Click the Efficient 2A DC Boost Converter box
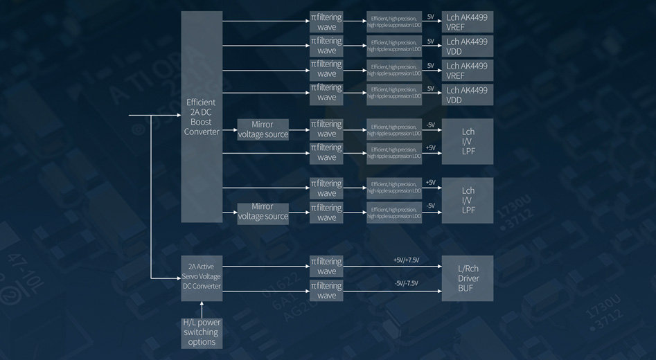click(202, 116)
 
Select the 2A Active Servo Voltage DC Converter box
click(202, 276)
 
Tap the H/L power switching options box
click(202, 332)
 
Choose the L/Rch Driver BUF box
click(468, 278)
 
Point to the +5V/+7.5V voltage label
click(406, 260)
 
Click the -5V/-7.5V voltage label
click(406, 283)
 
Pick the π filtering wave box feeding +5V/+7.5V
click(326, 267)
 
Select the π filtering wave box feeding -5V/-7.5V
click(326, 291)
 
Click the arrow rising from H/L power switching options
click(202, 309)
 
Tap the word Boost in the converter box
click(202, 122)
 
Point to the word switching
click(202, 332)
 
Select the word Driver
click(468, 278)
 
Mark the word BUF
click(466, 288)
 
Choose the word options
click(202, 342)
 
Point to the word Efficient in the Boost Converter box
click(202, 102)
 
